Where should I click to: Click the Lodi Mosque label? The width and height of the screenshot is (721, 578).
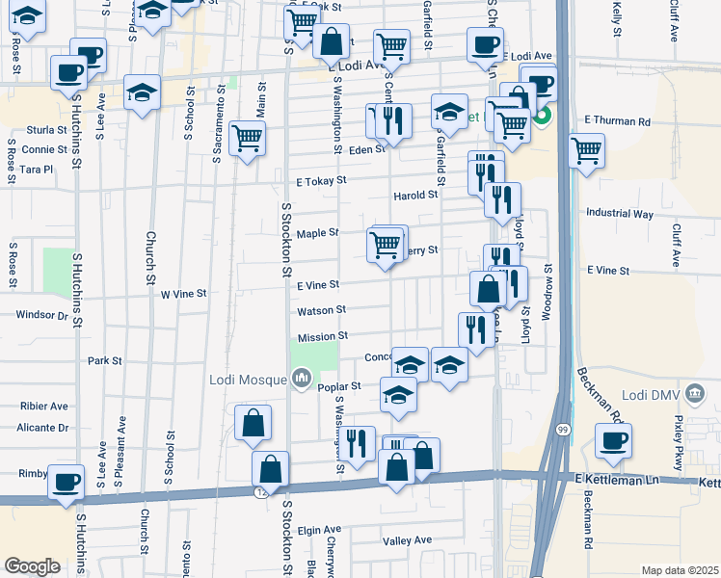[x=249, y=378]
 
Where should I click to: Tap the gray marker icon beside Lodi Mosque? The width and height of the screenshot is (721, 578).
[x=301, y=377]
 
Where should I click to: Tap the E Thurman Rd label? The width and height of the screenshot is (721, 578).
[x=617, y=122]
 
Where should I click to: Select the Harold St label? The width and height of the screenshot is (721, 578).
[x=415, y=195]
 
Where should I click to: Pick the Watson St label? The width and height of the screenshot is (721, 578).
[x=321, y=310]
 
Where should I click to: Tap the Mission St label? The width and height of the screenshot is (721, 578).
[x=322, y=337]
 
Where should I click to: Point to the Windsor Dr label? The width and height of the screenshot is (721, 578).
[x=42, y=315]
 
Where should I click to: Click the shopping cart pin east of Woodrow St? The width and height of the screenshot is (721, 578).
[x=586, y=150]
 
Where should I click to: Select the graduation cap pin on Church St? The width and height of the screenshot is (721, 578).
[x=143, y=92]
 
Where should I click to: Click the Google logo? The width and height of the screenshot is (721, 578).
[x=32, y=566]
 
